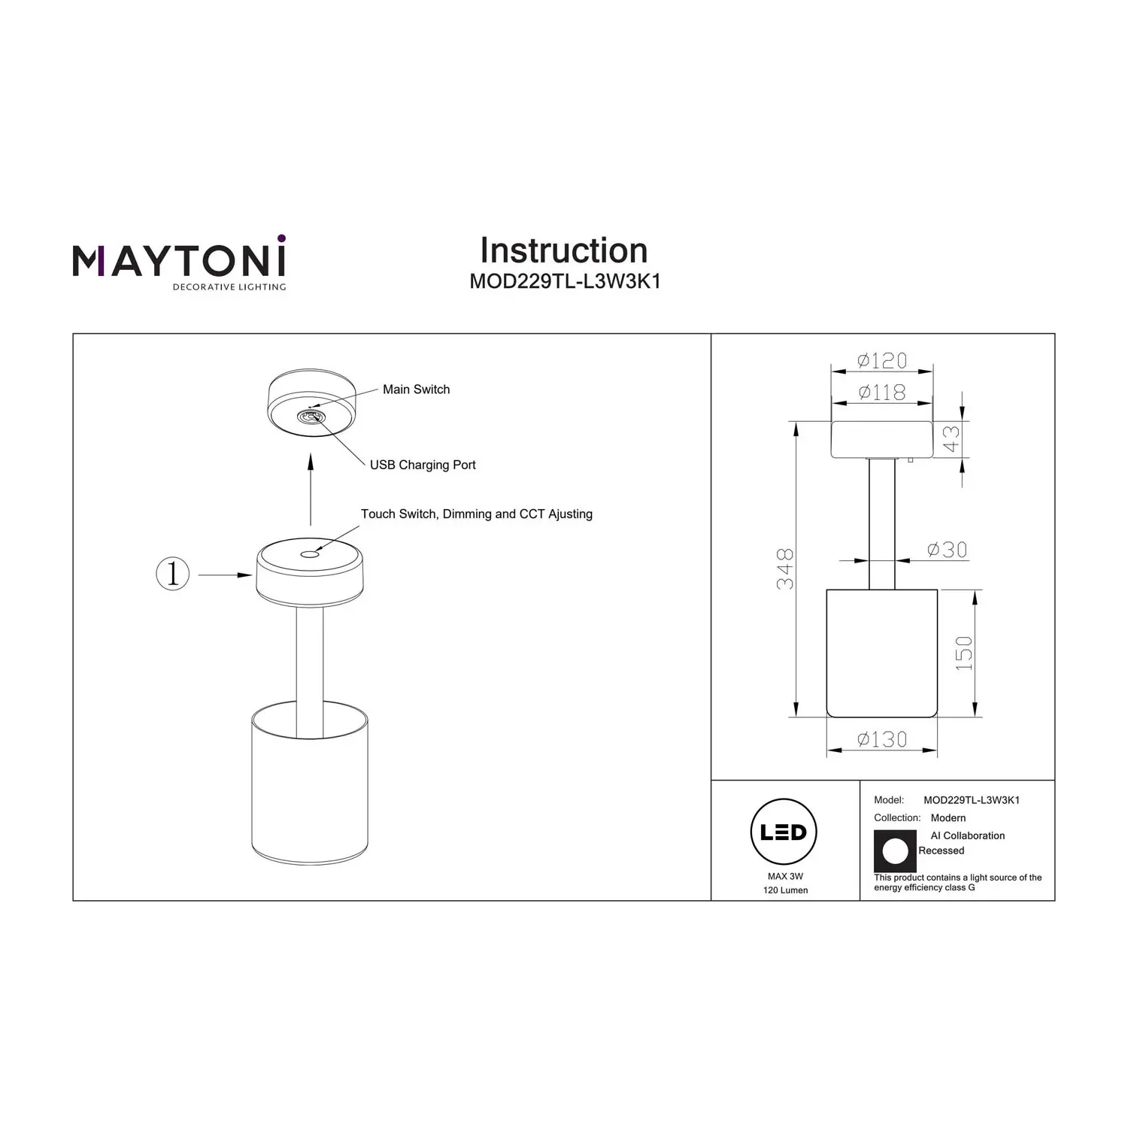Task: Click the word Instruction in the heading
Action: (x=564, y=250)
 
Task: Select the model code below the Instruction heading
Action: (x=565, y=281)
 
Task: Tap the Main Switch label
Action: (x=416, y=390)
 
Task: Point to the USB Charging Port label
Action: (x=423, y=465)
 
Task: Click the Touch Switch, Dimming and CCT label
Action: (x=477, y=514)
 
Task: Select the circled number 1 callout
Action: (x=173, y=575)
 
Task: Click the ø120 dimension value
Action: (x=882, y=361)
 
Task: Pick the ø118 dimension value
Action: (x=882, y=393)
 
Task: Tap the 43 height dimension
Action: (x=952, y=439)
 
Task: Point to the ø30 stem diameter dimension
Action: (x=947, y=550)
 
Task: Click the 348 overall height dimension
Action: (x=784, y=569)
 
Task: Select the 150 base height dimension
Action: (x=963, y=653)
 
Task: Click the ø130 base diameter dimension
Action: (x=882, y=740)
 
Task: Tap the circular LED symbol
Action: (x=784, y=832)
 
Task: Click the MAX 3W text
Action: (x=785, y=877)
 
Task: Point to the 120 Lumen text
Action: (x=785, y=890)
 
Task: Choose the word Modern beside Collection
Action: (x=948, y=818)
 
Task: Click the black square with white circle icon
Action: (x=895, y=851)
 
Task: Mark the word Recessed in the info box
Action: (x=942, y=851)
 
